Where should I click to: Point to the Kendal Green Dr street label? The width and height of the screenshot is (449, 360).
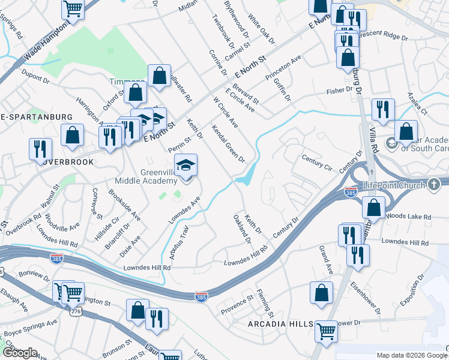click(x=228, y=143)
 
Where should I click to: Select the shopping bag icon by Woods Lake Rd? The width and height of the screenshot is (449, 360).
click(x=374, y=207)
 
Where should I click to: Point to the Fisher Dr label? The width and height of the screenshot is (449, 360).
click(x=340, y=89)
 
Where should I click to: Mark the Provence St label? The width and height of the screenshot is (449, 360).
click(x=238, y=302)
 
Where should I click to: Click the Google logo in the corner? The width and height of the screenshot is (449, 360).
click(x=20, y=353)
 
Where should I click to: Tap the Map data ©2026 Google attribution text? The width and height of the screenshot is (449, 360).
click(x=411, y=355)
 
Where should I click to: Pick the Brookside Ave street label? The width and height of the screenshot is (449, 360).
click(x=124, y=205)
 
